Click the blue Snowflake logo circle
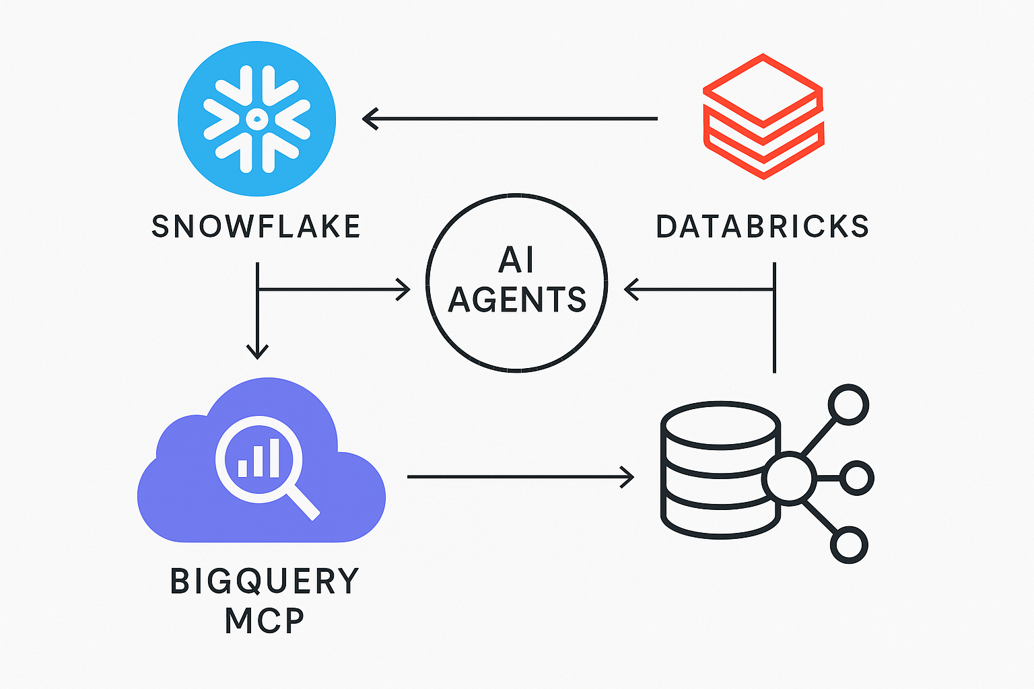tap(256, 119)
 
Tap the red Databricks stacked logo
tap(763, 116)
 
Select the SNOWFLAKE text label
tap(256, 227)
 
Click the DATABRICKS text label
tap(762, 227)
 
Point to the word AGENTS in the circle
tap(517, 299)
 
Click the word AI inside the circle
tap(517, 260)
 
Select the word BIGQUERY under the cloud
tap(265, 581)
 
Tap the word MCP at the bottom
tap(265, 621)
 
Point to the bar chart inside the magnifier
tap(259, 460)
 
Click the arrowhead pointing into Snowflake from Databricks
tap(370, 119)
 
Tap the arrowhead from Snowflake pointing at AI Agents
tap(403, 290)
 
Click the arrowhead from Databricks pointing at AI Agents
tap(631, 290)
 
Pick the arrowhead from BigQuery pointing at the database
tap(627, 477)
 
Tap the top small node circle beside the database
tap(849, 405)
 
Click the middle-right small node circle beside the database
tap(857, 478)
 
